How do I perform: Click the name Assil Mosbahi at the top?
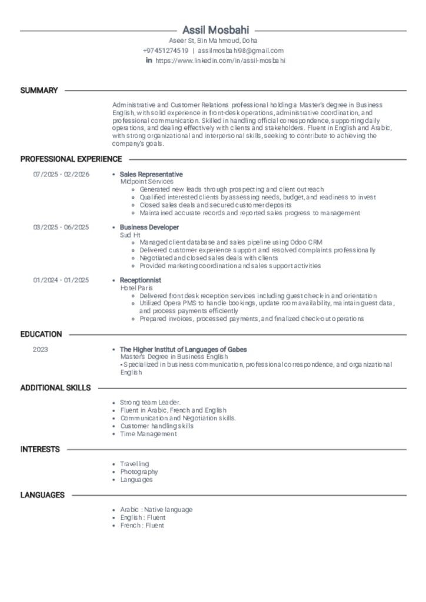[x=215, y=30]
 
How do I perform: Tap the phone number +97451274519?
[x=165, y=51]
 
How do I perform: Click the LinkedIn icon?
[x=149, y=60]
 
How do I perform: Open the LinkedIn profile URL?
[x=220, y=61]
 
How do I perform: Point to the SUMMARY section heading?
[x=39, y=91]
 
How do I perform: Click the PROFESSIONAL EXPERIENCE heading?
[x=71, y=159]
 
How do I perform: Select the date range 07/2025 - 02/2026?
[x=61, y=175]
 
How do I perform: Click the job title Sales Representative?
[x=151, y=175]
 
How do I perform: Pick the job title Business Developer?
[x=149, y=228]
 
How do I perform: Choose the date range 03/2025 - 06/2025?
[x=61, y=228]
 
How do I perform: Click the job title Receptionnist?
[x=141, y=280]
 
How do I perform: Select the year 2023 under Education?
[x=41, y=349]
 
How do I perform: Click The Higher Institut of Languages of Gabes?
[x=183, y=349]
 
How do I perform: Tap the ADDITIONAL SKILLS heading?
[x=55, y=388]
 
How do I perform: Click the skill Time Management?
[x=148, y=434]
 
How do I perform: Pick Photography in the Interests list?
[x=139, y=471]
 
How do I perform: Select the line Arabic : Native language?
[x=156, y=510]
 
